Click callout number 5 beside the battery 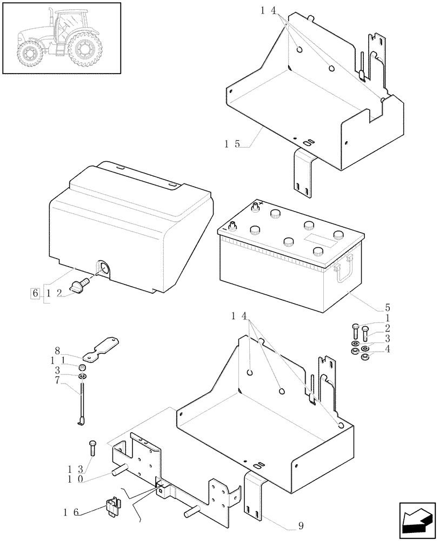[x=388, y=307]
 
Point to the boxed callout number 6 [x=36, y=293]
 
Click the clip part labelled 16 [x=114, y=504]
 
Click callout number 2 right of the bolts [x=388, y=328]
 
